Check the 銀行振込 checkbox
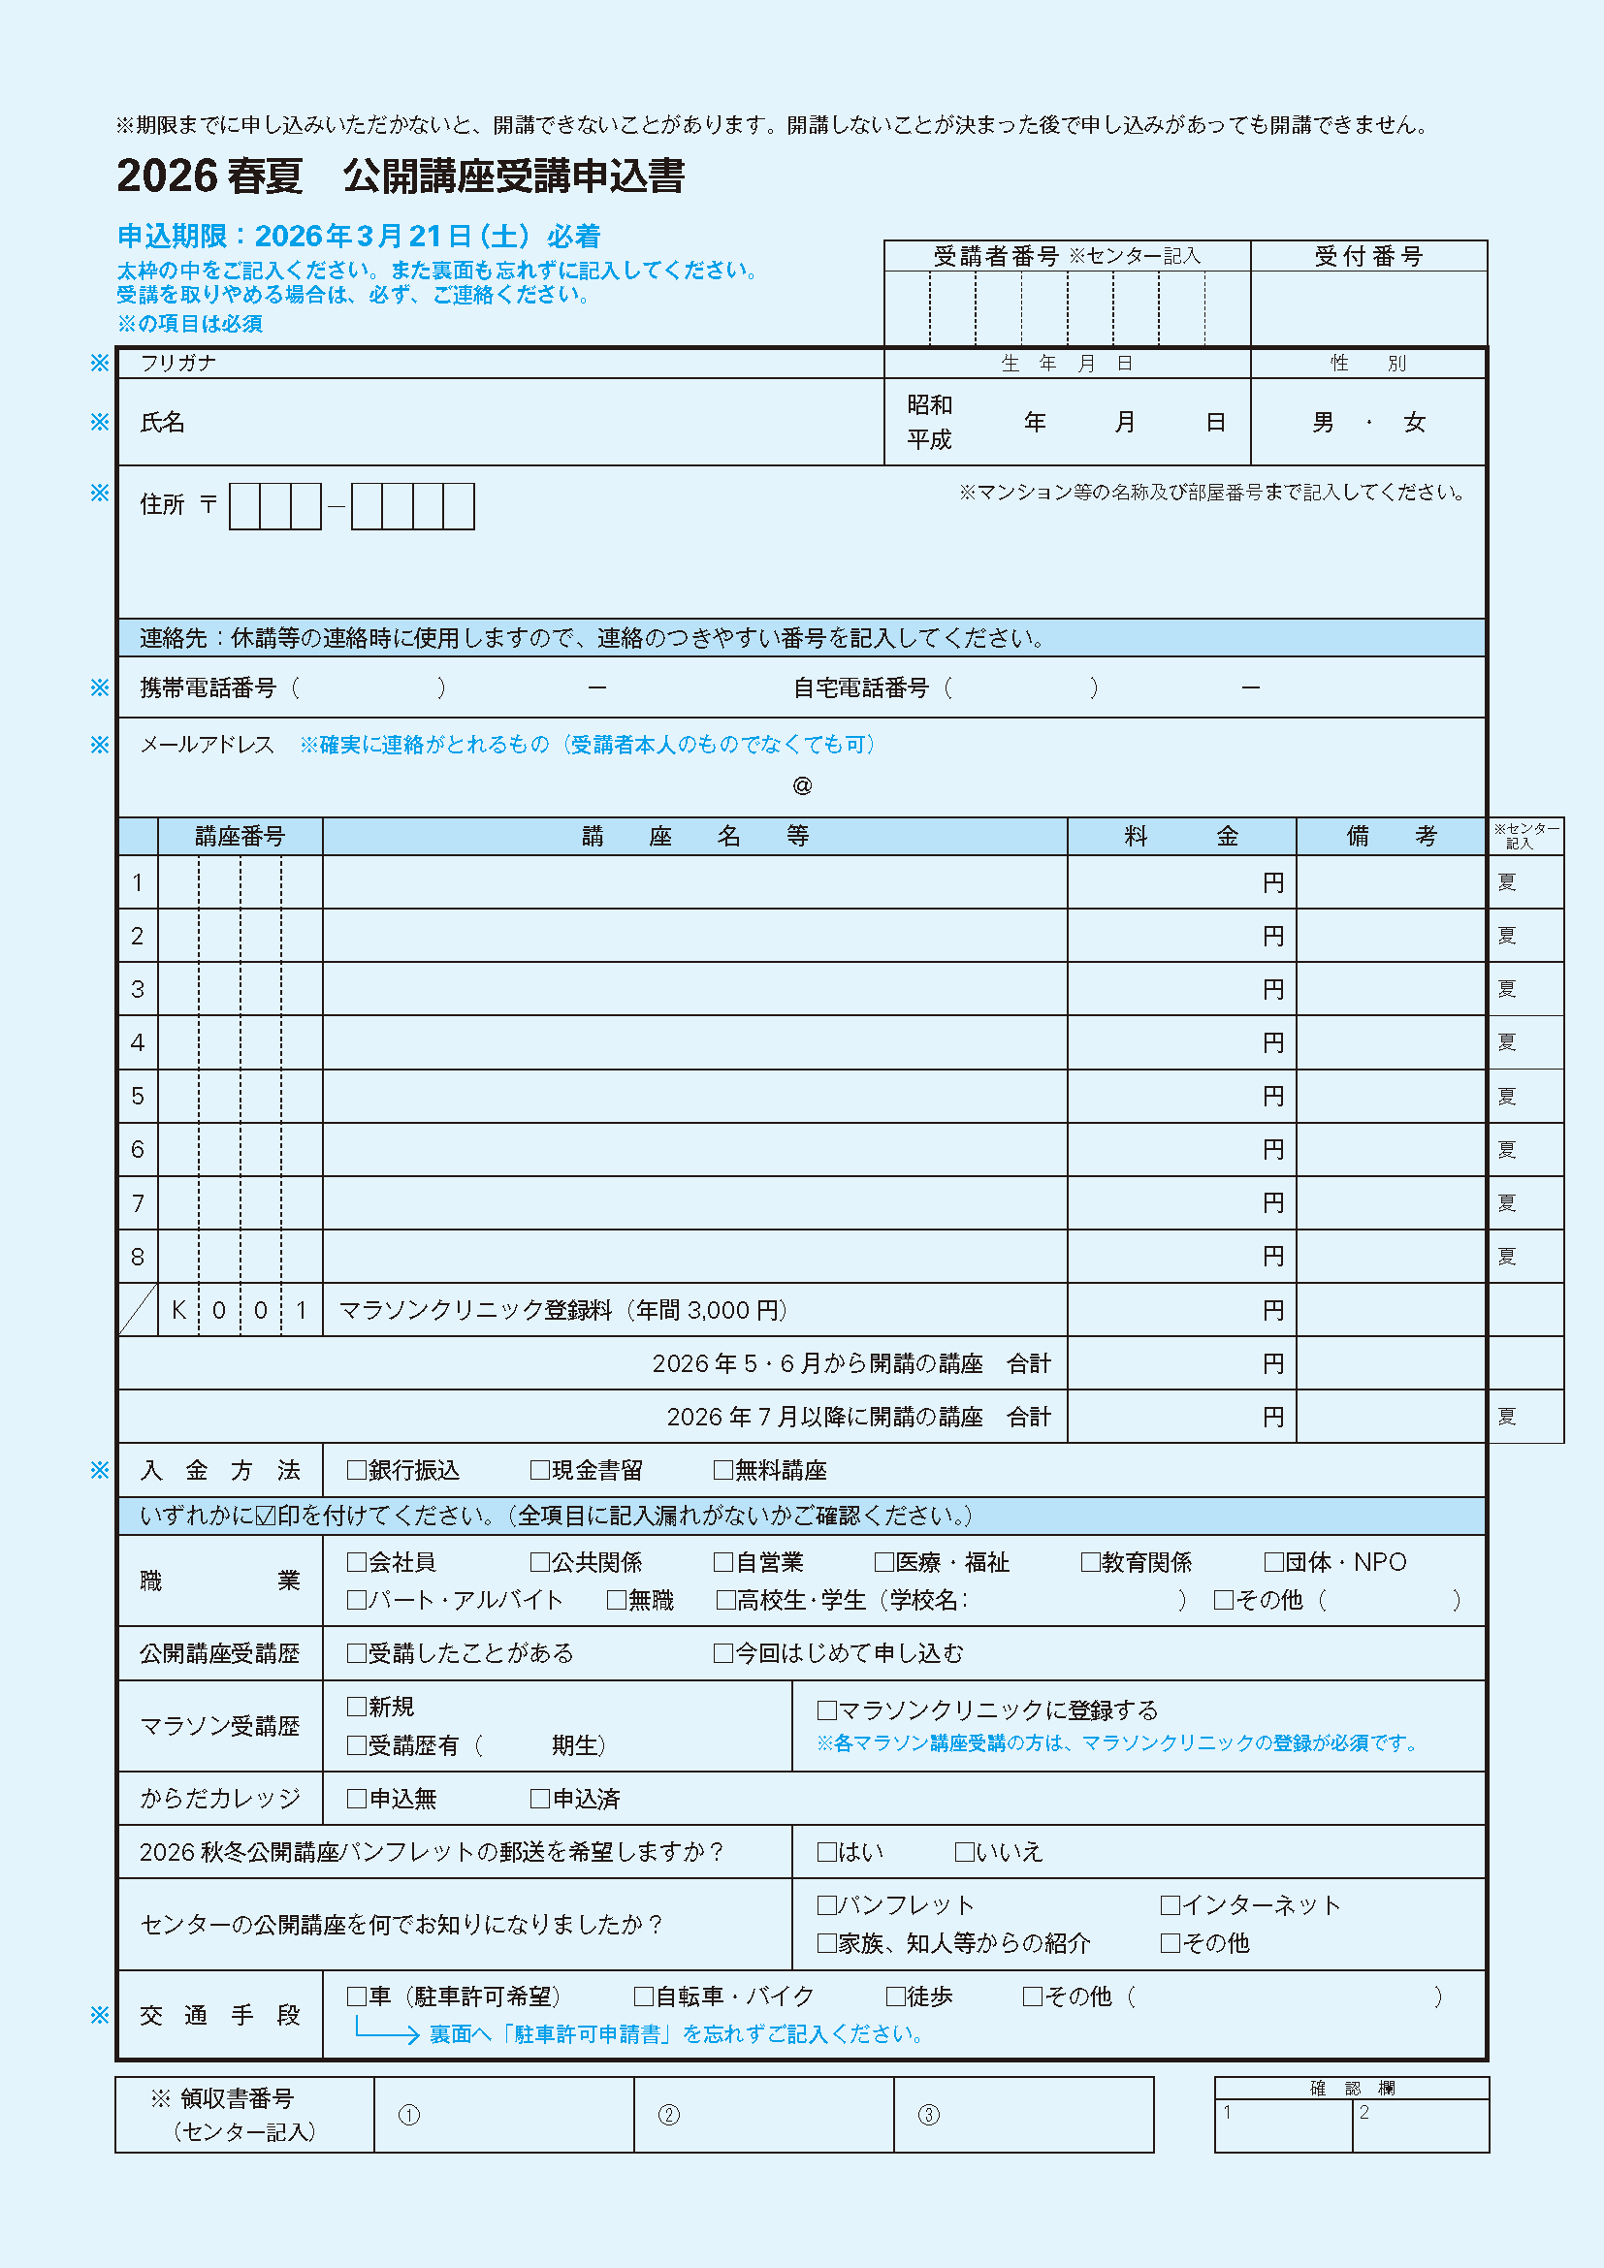pyautogui.click(x=357, y=1470)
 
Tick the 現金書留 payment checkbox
pyautogui.click(x=539, y=1470)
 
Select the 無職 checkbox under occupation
pyautogui.click(x=617, y=1599)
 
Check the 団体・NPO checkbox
pyautogui.click(x=1274, y=1562)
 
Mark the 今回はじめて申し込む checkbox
pyautogui.click(x=723, y=1652)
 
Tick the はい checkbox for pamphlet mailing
pyautogui.click(x=826, y=1851)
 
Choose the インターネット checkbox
pyautogui.click(x=1171, y=1904)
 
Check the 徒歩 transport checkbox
pyautogui.click(x=896, y=1996)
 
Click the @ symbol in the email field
pyautogui.click(x=802, y=785)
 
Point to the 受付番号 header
pyautogui.click(x=1368, y=257)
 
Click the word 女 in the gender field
pyautogui.click(x=1414, y=423)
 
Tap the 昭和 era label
pyautogui.click(x=929, y=405)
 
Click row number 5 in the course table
pyautogui.click(x=138, y=1096)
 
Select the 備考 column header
pyautogui.click(x=1391, y=836)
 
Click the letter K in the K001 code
pyautogui.click(x=178, y=1310)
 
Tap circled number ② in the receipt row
pyautogui.click(x=669, y=2115)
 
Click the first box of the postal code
pyautogui.click(x=244, y=506)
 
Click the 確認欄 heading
pyautogui.click(x=1351, y=2088)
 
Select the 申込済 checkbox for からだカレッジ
pyautogui.click(x=539, y=1798)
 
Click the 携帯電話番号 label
pyautogui.click(x=208, y=687)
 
